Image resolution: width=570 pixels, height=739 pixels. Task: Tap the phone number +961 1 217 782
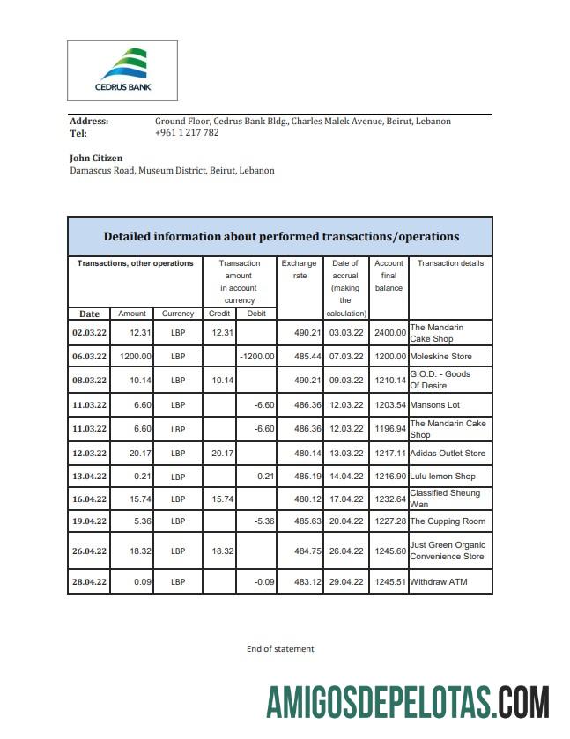[x=187, y=133]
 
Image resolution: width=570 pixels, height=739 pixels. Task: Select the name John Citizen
[x=96, y=159]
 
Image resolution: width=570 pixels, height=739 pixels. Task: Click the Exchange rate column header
[x=300, y=270]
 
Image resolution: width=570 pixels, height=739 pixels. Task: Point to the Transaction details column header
[x=450, y=263]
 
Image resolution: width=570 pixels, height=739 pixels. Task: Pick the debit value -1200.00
[x=257, y=357]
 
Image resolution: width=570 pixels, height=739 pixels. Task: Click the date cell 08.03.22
[x=89, y=381]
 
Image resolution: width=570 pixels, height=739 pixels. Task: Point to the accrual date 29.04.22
[x=345, y=582]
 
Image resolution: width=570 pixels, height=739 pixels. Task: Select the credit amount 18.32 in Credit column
[x=219, y=551]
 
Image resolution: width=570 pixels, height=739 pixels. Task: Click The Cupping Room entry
[x=448, y=521]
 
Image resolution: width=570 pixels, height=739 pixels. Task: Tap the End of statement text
[x=280, y=649]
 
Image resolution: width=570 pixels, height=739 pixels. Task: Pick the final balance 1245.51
[x=389, y=582]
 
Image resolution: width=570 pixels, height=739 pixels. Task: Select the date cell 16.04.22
[x=89, y=499]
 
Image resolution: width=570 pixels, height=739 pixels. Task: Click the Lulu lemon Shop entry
[x=442, y=477]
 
